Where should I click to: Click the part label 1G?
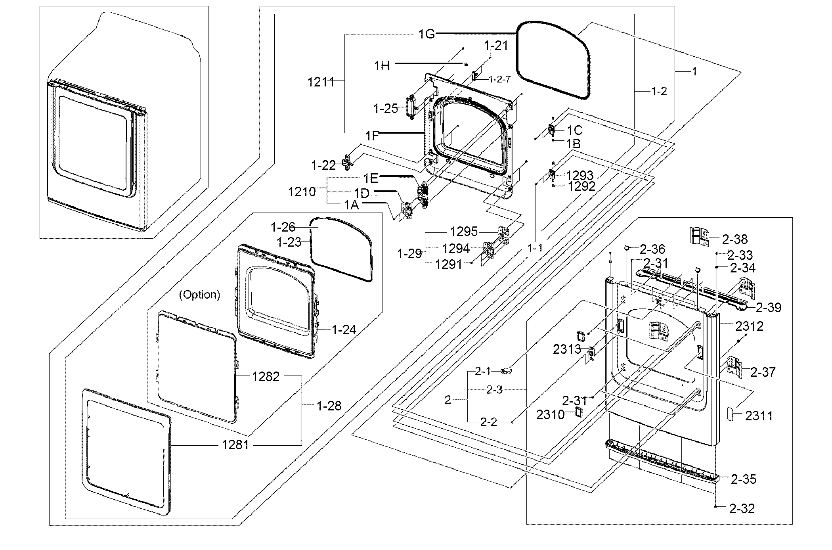point(427,34)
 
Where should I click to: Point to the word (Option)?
point(200,295)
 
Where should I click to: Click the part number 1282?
point(266,376)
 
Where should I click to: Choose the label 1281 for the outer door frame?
point(235,445)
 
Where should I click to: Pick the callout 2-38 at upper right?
point(734,239)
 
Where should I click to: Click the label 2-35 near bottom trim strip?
point(744,479)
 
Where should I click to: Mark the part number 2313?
point(567,349)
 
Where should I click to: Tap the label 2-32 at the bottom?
point(742,508)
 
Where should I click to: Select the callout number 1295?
point(464,231)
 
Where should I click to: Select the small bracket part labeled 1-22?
point(348,162)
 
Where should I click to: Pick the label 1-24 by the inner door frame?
point(344,330)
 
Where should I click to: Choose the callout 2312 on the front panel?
point(749,326)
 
